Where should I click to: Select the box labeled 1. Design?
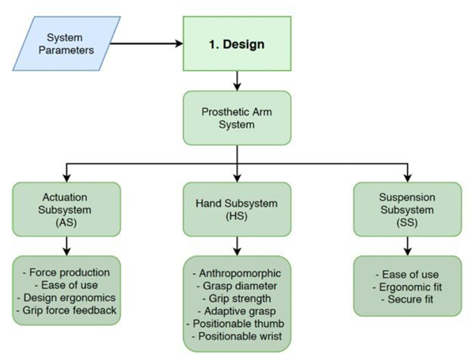click(x=236, y=44)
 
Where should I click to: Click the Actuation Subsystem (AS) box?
click(x=66, y=209)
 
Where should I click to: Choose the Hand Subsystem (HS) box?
click(x=236, y=209)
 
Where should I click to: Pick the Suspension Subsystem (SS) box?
click(x=406, y=209)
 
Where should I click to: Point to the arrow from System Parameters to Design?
click(x=150, y=44)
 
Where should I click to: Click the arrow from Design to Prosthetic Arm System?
click(x=236, y=79)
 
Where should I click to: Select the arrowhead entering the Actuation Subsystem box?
click(x=66, y=178)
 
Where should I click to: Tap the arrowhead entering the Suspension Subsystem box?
click(x=406, y=178)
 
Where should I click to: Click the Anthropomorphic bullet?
click(x=236, y=273)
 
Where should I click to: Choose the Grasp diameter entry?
click(x=236, y=286)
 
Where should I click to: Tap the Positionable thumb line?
click(x=236, y=324)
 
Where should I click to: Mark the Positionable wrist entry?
click(x=236, y=336)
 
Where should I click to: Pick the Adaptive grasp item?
click(x=236, y=311)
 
